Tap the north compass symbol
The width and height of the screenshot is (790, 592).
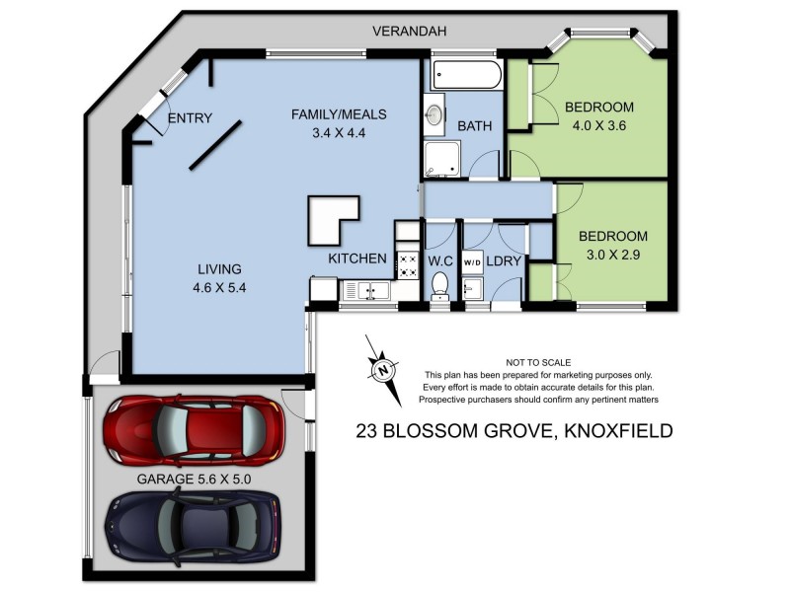383,370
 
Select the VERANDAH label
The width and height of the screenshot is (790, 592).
409,32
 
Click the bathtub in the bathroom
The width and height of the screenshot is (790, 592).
467,76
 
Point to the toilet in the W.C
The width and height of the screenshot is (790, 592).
440,285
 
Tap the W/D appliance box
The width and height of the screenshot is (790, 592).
471,261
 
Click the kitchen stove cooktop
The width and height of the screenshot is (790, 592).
407,263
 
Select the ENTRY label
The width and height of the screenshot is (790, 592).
190,118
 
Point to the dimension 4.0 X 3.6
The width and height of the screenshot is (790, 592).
599,125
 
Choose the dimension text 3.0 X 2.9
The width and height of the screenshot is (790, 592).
612,255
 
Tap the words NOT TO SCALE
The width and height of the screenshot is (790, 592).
538,362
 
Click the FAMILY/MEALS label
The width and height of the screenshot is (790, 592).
338,114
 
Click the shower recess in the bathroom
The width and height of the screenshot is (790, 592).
442,159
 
